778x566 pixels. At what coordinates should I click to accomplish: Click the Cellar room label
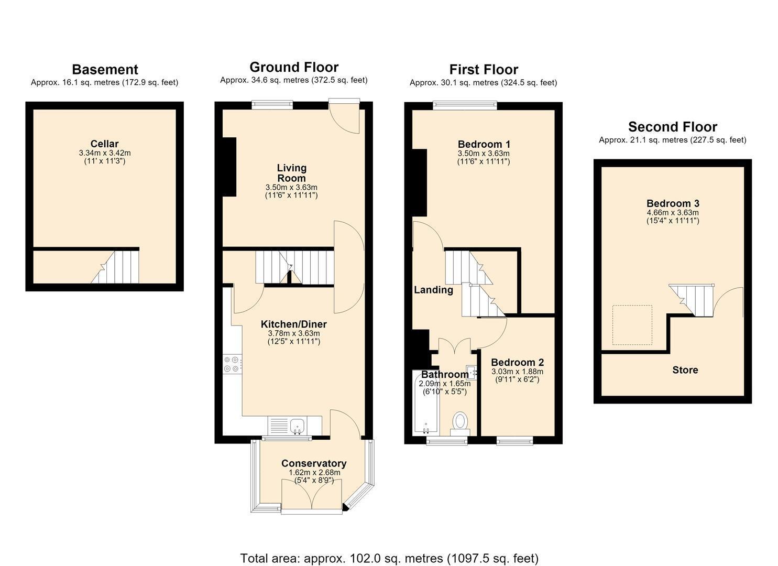coord(104,144)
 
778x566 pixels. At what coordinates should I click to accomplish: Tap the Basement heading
coord(105,70)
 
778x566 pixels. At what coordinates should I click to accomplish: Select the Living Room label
coord(291,173)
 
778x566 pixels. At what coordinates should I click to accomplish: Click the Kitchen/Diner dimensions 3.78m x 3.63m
coord(294,333)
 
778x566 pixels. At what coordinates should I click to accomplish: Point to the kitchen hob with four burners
coord(232,364)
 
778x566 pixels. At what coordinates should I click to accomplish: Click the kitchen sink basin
coord(297,426)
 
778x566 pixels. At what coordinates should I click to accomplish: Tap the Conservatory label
coord(314,463)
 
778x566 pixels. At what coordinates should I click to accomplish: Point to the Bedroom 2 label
coord(517,362)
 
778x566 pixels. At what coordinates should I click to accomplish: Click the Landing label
coord(433,290)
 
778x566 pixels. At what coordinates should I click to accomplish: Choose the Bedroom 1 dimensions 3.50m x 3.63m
coord(484,153)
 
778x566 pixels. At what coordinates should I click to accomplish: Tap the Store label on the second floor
coord(685,369)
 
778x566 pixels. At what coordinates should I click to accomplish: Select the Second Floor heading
coord(672,127)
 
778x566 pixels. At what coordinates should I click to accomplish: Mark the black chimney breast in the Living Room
coord(229,167)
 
